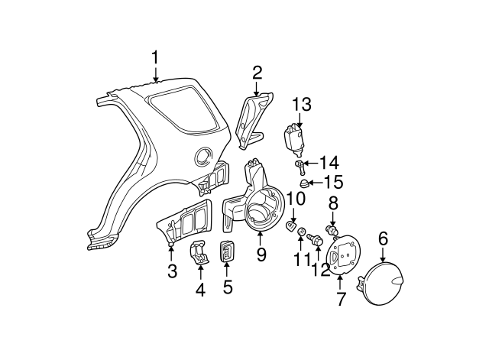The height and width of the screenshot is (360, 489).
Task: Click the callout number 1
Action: click(155, 57)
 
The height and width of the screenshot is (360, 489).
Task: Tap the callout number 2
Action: click(257, 73)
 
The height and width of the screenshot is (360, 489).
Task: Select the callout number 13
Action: click(302, 104)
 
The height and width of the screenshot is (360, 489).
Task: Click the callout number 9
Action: click(261, 255)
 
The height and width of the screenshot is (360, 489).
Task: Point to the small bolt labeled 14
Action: click(300, 164)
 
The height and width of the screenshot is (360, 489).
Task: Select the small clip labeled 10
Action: click(291, 226)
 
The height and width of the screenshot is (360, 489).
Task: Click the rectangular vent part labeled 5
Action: click(227, 251)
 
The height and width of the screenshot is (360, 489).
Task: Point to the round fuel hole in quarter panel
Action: click(202, 155)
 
